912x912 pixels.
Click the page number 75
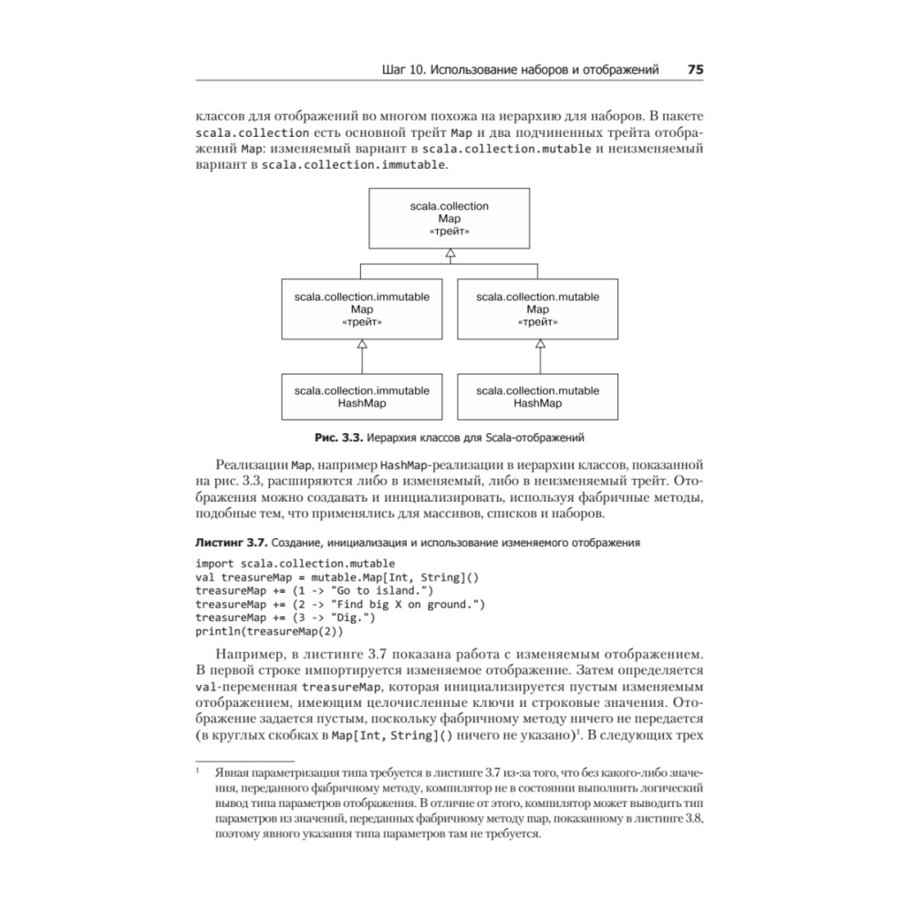click(x=693, y=69)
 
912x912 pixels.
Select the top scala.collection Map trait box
click(x=450, y=218)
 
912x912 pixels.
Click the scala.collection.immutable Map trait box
click(x=362, y=309)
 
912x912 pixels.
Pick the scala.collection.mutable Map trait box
click(x=538, y=309)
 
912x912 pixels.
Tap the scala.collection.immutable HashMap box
click(x=362, y=397)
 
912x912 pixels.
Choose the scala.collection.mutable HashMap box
click(x=538, y=397)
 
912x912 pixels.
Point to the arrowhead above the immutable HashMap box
click(x=362, y=344)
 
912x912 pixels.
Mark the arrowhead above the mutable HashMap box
click(x=540, y=344)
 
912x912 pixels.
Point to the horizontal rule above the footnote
click(x=245, y=760)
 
